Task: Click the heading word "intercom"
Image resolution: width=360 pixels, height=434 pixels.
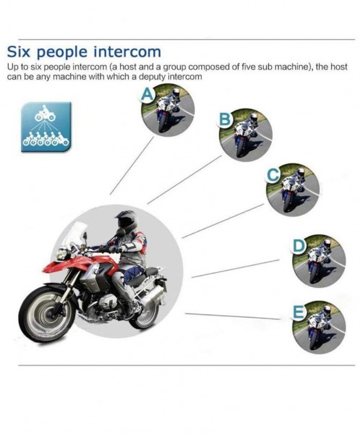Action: (x=127, y=52)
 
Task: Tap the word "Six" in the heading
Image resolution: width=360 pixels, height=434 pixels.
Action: (x=18, y=52)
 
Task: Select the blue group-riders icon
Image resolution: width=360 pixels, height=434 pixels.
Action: (x=46, y=127)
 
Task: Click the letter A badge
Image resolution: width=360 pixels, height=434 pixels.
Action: (x=147, y=95)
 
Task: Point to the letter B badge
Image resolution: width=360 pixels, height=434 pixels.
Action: (x=225, y=119)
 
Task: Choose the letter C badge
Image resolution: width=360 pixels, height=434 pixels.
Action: (x=273, y=175)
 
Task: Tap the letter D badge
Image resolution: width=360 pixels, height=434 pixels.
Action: (x=299, y=246)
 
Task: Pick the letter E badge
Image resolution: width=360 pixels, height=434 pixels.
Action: (x=299, y=312)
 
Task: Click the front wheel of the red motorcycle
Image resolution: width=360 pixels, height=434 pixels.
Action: (x=48, y=314)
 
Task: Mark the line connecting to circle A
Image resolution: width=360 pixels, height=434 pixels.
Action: (x=132, y=166)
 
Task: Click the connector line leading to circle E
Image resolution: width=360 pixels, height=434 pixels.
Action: (x=233, y=316)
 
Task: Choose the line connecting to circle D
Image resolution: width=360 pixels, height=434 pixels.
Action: (x=236, y=268)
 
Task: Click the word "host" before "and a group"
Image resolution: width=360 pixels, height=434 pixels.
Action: (x=129, y=67)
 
